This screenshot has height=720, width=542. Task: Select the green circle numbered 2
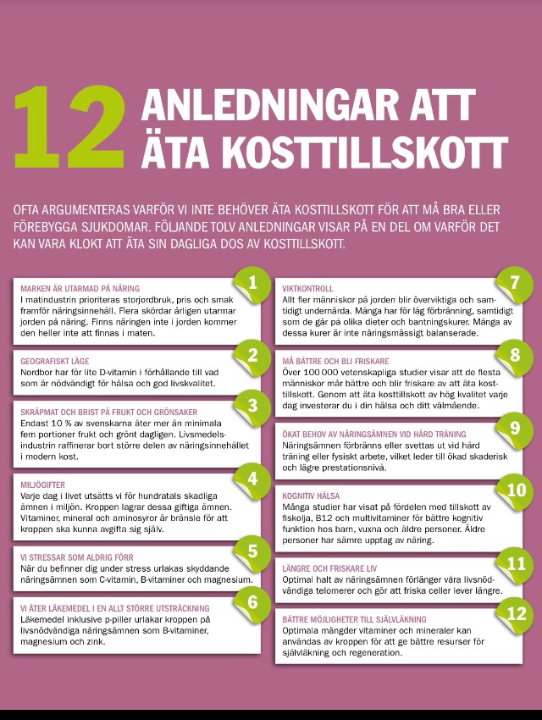coord(252,353)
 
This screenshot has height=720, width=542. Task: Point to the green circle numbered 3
coord(252,404)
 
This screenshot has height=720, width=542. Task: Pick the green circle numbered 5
coord(252,551)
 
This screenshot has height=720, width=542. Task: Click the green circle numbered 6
coord(252,601)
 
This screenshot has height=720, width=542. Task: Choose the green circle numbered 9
coord(514,427)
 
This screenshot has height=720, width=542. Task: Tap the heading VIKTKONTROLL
coord(307,289)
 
